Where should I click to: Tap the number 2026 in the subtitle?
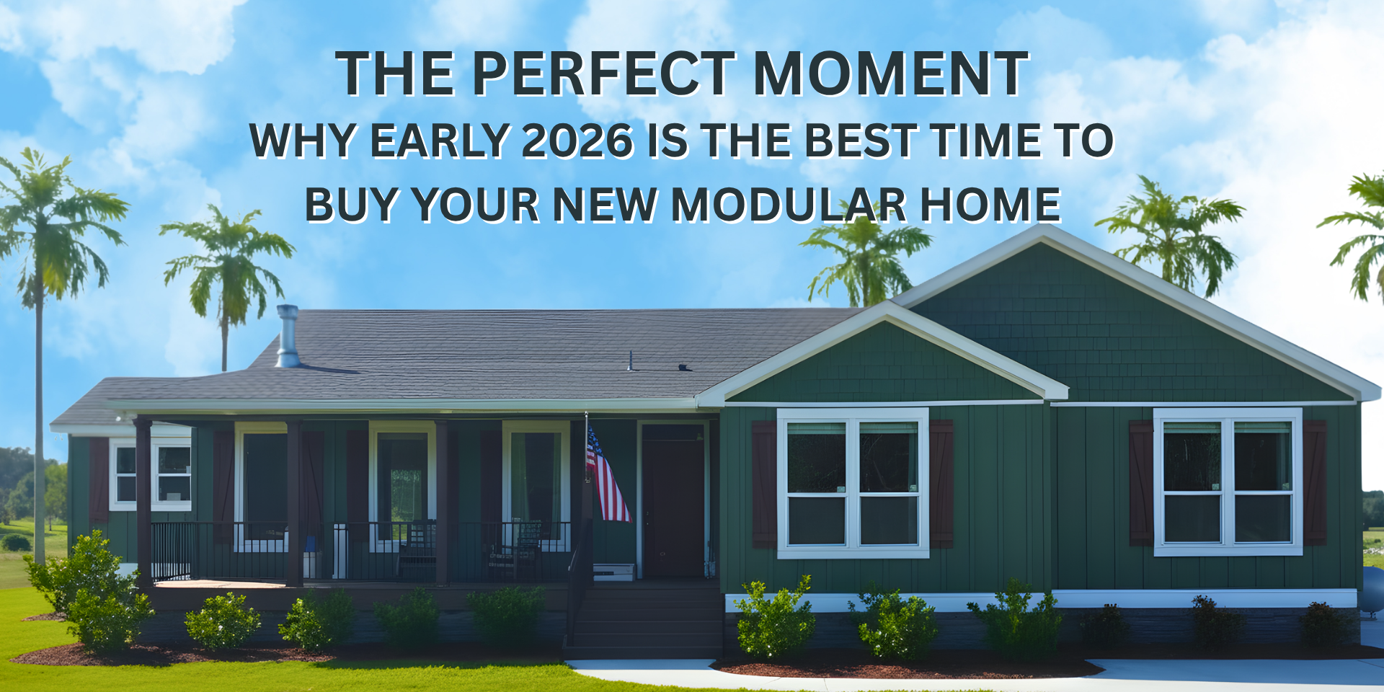577,141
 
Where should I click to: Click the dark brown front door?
673,501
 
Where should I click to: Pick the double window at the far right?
1228,482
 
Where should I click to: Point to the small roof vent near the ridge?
630,361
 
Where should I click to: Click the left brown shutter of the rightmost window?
1140,483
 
